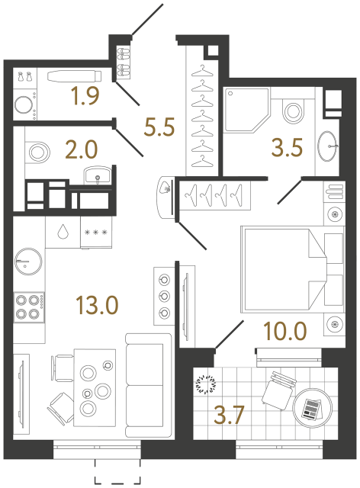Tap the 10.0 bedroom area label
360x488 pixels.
(x=285, y=333)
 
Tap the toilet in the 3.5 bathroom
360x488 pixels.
(x=293, y=111)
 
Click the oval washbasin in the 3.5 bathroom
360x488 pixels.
(x=329, y=143)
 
